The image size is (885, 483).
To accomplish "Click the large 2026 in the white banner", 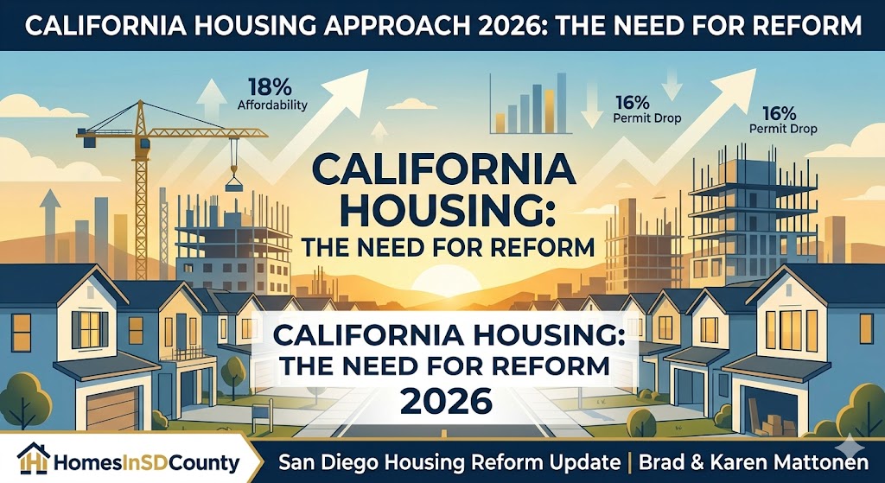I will (x=447, y=401).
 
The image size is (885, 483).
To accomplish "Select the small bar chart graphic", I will (x=526, y=103).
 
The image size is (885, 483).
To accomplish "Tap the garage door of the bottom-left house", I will (x=112, y=407).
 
